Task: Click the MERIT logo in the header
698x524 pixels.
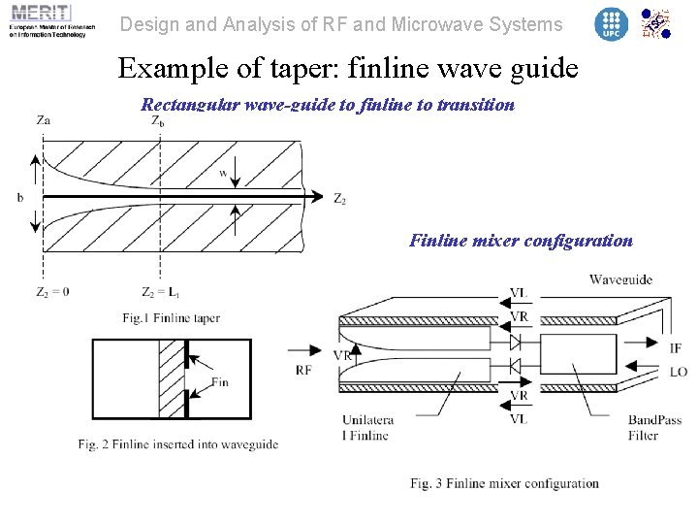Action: click(x=48, y=21)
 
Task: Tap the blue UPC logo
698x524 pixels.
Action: click(x=611, y=24)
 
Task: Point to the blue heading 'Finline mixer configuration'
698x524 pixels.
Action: click(x=521, y=241)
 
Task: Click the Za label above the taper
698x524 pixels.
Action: click(x=43, y=120)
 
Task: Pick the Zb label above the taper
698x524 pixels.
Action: click(x=157, y=120)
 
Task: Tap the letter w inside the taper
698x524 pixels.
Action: click(x=223, y=174)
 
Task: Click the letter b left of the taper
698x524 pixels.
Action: click(x=20, y=198)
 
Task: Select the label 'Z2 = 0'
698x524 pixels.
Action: click(x=52, y=292)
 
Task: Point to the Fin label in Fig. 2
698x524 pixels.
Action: click(x=220, y=381)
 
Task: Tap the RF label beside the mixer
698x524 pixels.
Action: click(x=303, y=370)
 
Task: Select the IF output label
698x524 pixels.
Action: click(x=675, y=347)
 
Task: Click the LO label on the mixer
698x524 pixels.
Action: click(x=678, y=372)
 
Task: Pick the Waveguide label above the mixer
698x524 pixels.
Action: click(x=620, y=280)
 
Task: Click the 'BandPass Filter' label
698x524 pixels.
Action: click(x=654, y=428)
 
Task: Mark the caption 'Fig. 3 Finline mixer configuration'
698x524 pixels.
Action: click(x=504, y=483)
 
